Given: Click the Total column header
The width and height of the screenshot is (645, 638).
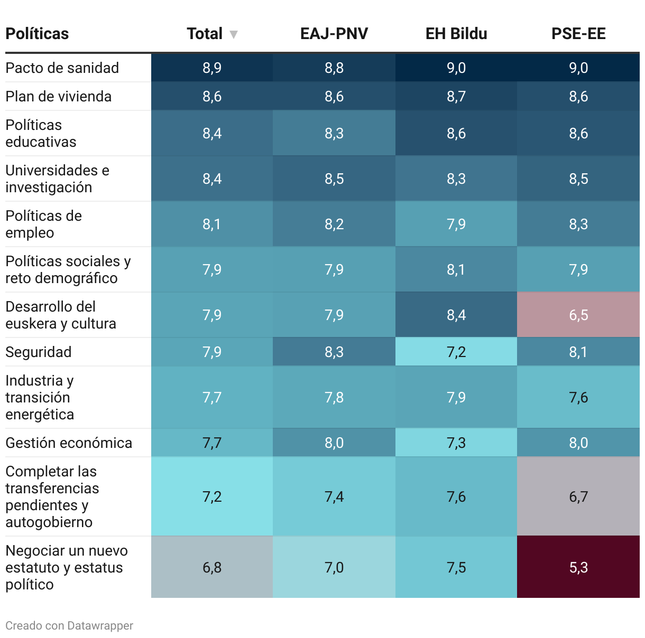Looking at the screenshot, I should (205, 34).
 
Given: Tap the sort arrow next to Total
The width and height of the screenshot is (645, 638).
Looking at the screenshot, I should (234, 35).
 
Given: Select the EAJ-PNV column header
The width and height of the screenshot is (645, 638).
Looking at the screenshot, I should (334, 34).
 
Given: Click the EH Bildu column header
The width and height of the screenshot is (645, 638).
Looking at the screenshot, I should (456, 34).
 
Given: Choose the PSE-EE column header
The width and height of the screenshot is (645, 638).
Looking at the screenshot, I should (578, 34).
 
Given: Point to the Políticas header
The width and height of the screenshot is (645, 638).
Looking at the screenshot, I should (37, 34).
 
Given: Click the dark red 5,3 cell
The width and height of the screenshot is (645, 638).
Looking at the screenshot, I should (578, 567).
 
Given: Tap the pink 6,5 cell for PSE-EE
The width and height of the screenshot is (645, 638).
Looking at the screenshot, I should (578, 315).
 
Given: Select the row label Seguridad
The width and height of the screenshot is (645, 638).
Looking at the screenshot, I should (39, 352).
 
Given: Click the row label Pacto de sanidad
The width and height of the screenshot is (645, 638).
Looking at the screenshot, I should (62, 68).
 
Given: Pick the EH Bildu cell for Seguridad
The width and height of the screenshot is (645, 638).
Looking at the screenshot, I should (456, 352).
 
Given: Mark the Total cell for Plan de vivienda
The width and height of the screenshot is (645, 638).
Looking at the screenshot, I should (212, 96).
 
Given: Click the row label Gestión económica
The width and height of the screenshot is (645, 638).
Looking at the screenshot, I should (69, 443).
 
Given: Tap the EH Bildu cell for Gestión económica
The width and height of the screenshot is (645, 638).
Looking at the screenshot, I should (456, 443).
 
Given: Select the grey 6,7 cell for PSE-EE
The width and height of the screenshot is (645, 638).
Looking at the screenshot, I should (578, 496).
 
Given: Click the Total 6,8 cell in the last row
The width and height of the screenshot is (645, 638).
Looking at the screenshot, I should (212, 567).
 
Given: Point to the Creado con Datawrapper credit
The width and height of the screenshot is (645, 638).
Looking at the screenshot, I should (69, 626).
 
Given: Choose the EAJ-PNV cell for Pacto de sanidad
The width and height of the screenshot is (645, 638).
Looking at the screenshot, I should (334, 68).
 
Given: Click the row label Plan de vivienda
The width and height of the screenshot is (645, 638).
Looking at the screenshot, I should (58, 96).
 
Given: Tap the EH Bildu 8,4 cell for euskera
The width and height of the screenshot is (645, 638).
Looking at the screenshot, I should (456, 315).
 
